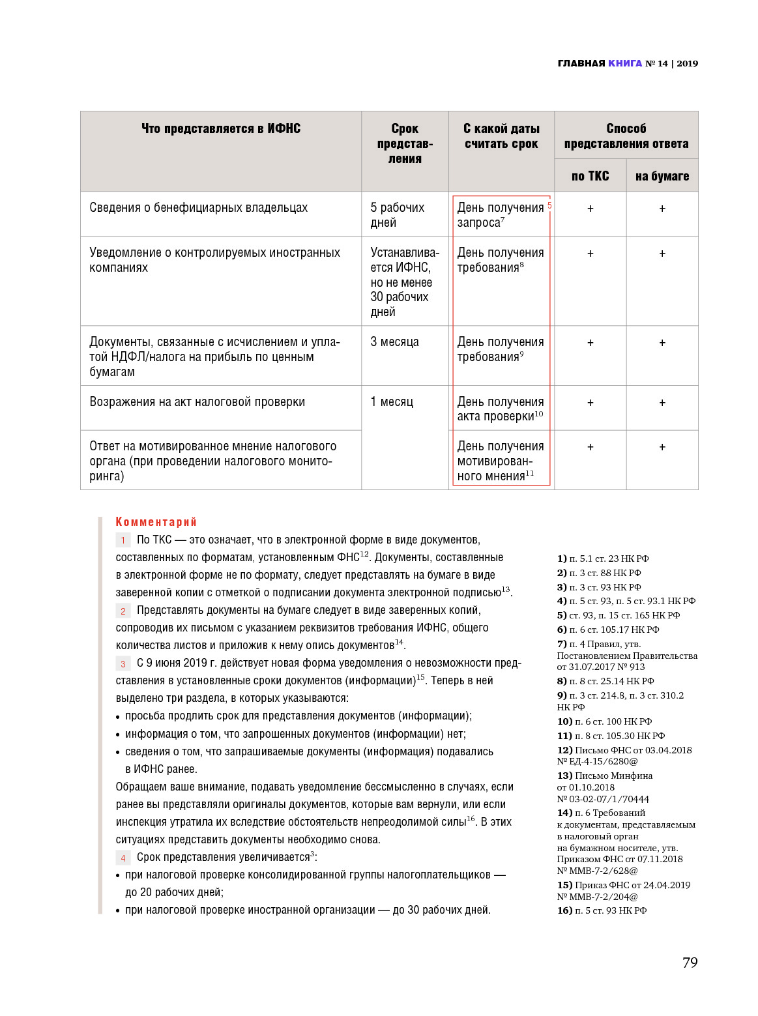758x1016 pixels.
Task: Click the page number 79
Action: pyautogui.click(x=690, y=963)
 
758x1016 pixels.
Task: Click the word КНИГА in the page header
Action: pyautogui.click(x=624, y=63)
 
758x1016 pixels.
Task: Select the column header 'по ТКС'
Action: pyautogui.click(x=590, y=176)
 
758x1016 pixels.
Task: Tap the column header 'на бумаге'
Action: pyautogui.click(x=662, y=176)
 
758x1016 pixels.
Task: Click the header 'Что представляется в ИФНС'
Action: pyautogui.click(x=221, y=128)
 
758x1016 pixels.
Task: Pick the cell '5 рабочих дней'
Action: pyautogui.click(x=397, y=214)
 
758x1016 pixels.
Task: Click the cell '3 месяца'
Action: pyautogui.click(x=394, y=342)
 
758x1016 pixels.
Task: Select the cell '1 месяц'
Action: pyautogui.click(x=392, y=402)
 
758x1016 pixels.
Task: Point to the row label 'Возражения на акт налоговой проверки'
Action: pyautogui.click(x=197, y=402)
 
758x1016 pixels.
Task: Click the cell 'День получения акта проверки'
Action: pyautogui.click(x=500, y=409)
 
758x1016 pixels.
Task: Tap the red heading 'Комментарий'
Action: pyautogui.click(x=156, y=522)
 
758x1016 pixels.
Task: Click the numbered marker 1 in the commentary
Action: pyautogui.click(x=123, y=540)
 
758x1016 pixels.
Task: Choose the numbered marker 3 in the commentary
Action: pyautogui.click(x=123, y=664)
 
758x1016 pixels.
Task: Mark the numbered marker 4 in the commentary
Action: pyautogui.click(x=123, y=858)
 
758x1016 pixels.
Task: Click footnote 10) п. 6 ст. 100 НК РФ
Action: pyautogui.click(x=604, y=721)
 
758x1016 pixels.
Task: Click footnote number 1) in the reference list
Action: pyautogui.click(x=562, y=559)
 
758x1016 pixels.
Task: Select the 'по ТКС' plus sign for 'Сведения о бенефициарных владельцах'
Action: pyautogui.click(x=590, y=209)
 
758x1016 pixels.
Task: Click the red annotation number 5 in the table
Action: pyautogui.click(x=549, y=205)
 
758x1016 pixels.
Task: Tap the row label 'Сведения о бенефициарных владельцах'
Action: pyautogui.click(x=198, y=208)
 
